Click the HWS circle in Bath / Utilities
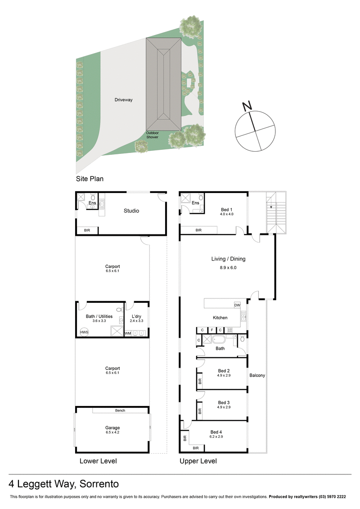click(84, 332)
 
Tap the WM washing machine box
click(128, 333)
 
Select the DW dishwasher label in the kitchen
click(237, 305)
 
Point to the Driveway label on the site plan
click(123, 99)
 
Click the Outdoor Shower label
click(152, 135)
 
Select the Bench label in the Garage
click(120, 410)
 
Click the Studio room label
click(131, 211)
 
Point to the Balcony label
click(257, 375)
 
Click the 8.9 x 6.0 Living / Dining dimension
click(228, 267)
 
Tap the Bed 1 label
click(226, 210)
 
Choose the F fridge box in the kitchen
click(211, 330)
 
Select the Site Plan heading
click(90, 179)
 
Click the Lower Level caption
click(98, 461)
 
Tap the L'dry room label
click(137, 316)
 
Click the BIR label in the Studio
click(87, 230)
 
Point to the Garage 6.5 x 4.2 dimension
click(113, 432)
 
